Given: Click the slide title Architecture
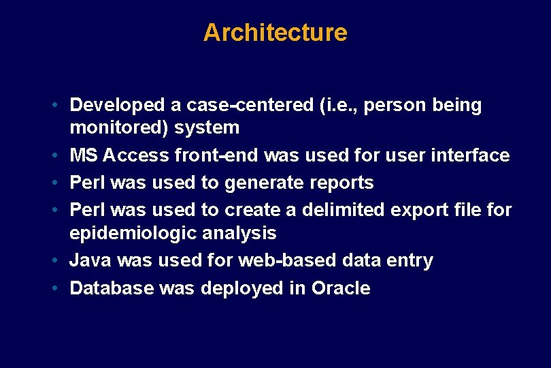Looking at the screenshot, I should click(x=275, y=33).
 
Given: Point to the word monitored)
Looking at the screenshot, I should click(x=120, y=127).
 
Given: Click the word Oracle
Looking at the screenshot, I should click(x=341, y=288).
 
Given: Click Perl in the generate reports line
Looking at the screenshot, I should click(x=87, y=183).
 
